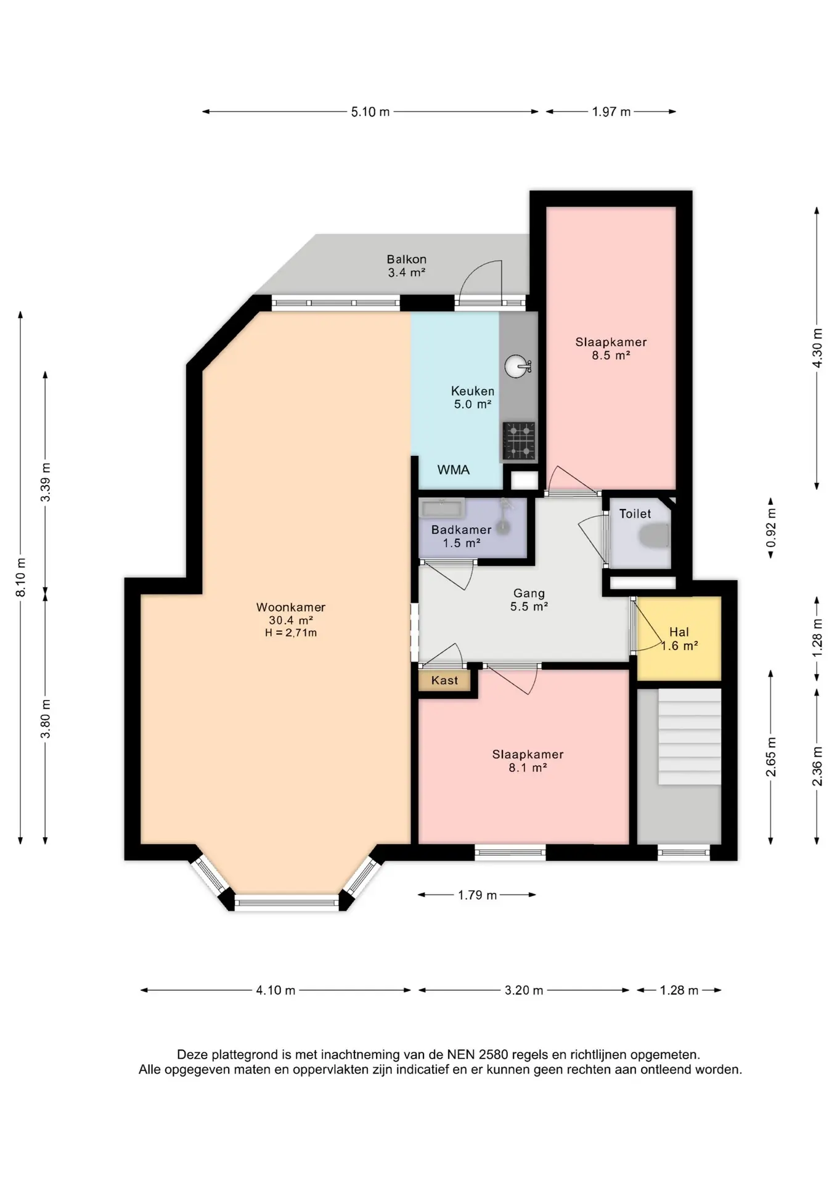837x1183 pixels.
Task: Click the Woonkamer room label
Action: [291, 607]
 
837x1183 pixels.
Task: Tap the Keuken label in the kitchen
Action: [473, 391]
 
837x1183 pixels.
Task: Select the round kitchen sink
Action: [515, 367]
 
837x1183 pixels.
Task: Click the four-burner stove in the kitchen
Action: [519, 441]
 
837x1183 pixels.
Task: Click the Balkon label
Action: [407, 259]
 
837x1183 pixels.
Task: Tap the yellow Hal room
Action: [679, 638]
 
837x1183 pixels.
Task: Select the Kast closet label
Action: [445, 680]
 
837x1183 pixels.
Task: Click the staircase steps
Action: [690, 736]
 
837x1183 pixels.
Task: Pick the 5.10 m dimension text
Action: [370, 112]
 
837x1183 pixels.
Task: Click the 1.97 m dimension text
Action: [611, 112]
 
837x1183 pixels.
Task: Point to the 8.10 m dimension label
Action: [21, 577]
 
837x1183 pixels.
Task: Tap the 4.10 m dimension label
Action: [276, 990]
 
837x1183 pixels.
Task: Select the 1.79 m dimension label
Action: [477, 895]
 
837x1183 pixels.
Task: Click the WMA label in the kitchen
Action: [454, 470]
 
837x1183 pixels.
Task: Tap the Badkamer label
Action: [462, 529]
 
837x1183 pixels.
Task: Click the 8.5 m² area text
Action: [611, 355]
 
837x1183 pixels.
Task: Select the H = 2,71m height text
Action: [291, 633]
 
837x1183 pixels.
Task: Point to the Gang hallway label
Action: [529, 593]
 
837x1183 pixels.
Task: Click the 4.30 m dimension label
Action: [817, 348]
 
